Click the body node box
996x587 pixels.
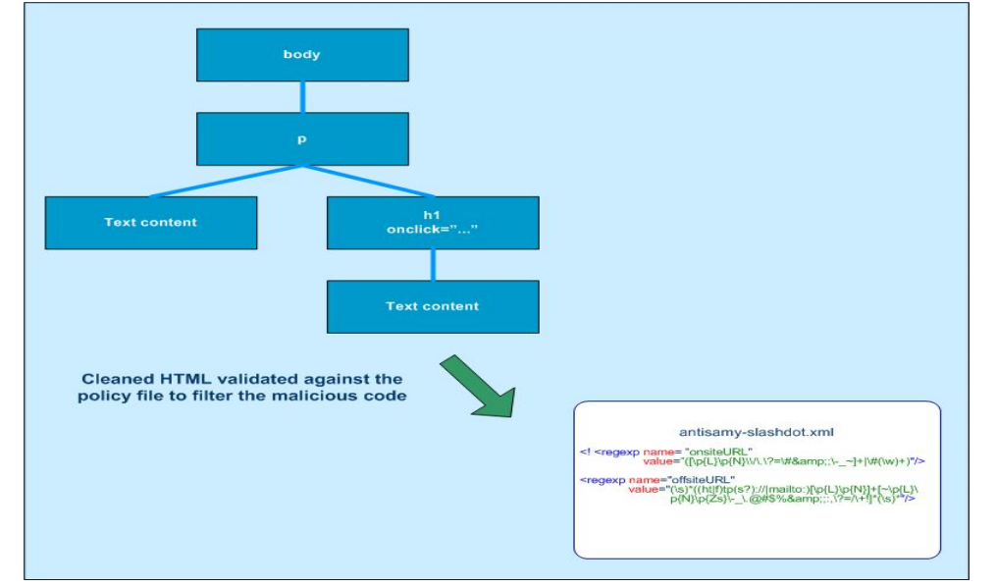click(x=301, y=55)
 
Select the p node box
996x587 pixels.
click(x=301, y=138)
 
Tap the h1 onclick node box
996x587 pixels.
click(x=432, y=223)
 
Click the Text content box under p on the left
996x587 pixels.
click(x=150, y=223)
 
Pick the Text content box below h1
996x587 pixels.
click(x=432, y=306)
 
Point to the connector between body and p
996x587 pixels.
click(x=302, y=96)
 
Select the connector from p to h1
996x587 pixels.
click(x=368, y=181)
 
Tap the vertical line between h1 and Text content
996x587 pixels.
click(x=433, y=265)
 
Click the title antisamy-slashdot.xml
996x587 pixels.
click(x=756, y=432)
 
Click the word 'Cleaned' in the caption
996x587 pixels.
click(x=115, y=379)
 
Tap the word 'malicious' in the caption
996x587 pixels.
click(x=311, y=397)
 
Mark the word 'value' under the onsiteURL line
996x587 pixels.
click(x=656, y=460)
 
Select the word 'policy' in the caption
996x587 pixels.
click(x=100, y=397)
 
